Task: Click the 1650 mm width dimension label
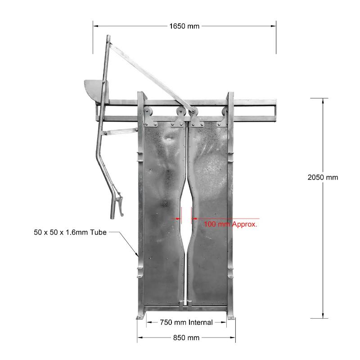click(184, 26)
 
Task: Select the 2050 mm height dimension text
click(323, 177)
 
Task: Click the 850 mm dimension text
click(186, 337)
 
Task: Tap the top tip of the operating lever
click(108, 36)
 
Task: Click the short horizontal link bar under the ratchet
click(120, 131)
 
